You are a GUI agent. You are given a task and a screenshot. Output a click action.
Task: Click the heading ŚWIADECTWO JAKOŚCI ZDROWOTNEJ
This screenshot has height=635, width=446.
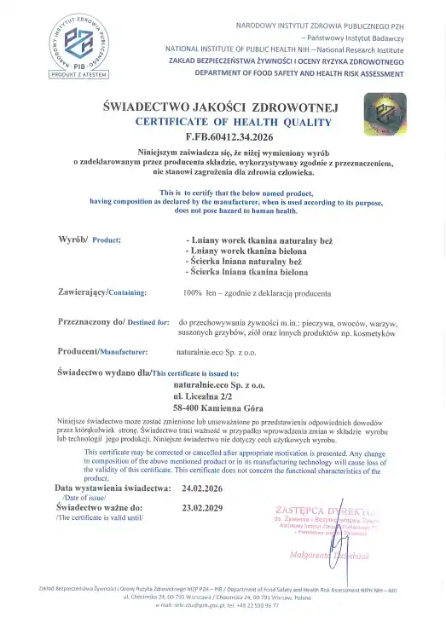(x=220, y=107)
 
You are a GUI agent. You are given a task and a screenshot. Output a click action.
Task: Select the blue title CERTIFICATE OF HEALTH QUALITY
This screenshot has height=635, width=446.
(x=220, y=122)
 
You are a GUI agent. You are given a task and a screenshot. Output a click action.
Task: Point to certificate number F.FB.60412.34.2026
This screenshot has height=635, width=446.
(x=220, y=136)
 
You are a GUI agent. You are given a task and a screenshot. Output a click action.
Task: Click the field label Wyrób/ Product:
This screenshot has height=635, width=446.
(x=89, y=240)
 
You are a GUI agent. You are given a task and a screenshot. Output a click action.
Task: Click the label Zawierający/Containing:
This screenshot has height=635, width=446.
(x=101, y=292)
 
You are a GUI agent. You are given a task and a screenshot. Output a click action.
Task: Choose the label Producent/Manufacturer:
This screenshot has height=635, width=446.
(x=102, y=351)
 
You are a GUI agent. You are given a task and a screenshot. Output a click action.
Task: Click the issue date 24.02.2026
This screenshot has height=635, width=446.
(x=201, y=488)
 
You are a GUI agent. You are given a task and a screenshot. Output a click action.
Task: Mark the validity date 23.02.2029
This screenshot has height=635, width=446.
(x=201, y=507)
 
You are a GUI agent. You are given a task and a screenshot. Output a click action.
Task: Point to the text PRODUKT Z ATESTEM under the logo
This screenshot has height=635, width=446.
(x=78, y=76)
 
